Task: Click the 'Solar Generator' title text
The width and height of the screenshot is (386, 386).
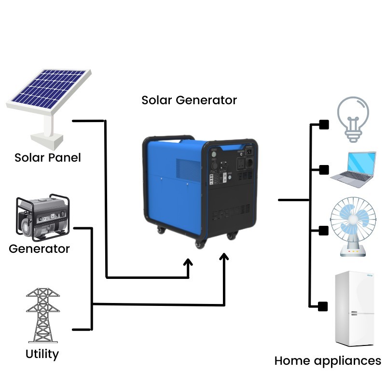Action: pos(189,100)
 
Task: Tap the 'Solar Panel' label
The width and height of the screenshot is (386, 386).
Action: pos(47,158)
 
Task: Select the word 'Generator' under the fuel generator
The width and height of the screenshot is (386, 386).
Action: pos(39,249)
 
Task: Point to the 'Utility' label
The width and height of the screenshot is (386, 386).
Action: pos(42,354)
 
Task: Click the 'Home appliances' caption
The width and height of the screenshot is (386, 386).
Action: pos(328,361)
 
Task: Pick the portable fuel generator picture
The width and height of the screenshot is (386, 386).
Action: pos(42,218)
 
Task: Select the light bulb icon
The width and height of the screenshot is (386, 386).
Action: pos(353,118)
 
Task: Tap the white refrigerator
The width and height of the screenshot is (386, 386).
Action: pos(354,309)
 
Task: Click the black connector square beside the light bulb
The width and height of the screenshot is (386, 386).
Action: pos(324,125)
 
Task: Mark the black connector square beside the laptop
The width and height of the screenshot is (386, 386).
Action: pos(324,169)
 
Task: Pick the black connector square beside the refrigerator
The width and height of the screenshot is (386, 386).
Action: pos(323,305)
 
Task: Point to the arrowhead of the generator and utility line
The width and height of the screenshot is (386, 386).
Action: pos(224,255)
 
